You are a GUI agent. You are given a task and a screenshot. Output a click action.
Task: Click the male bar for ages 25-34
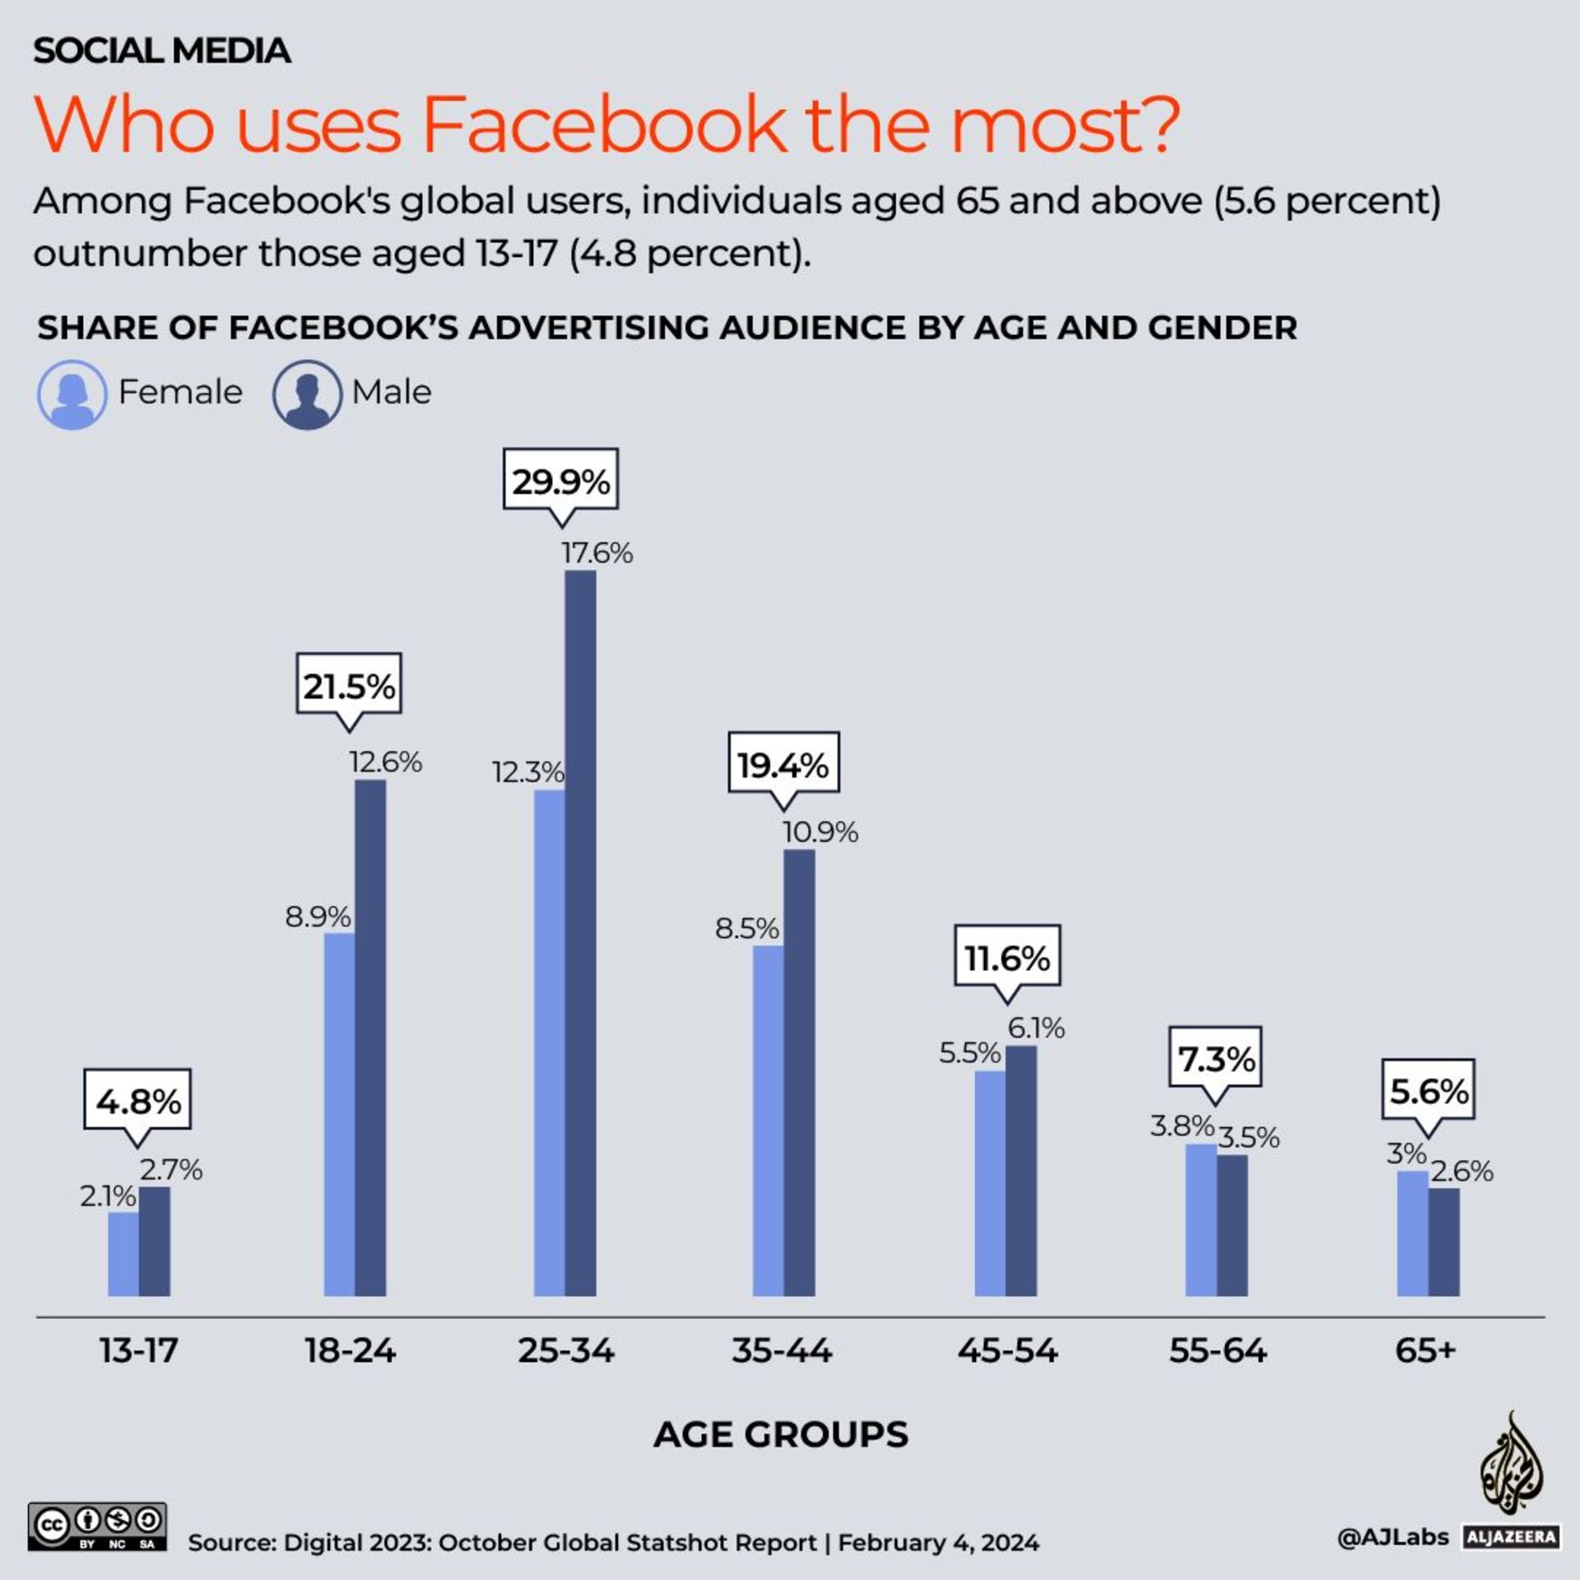pos(580,934)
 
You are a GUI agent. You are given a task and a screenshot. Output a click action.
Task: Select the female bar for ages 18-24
pos(339,1115)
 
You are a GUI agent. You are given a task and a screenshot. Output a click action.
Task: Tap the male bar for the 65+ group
pos(1443,1242)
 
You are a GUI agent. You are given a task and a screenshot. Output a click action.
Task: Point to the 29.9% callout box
pos(560,480)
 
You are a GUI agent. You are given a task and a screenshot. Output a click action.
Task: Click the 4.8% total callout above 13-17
pos(137,1100)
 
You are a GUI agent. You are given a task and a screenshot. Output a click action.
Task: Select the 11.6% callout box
pos(1007,956)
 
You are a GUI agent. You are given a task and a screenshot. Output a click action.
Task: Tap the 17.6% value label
pos(597,553)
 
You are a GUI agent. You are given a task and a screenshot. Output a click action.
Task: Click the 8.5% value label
pos(746,928)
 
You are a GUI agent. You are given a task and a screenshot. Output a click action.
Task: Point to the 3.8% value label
pos(1182,1125)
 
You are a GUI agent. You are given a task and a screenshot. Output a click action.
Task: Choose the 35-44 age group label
pos(782,1350)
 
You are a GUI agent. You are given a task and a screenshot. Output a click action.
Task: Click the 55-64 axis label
pos(1218,1350)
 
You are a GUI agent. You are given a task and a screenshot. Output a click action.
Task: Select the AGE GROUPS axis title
pos(781,1434)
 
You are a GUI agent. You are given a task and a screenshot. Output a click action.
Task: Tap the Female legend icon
pos(72,394)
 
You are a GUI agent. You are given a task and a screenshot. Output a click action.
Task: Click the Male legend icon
pos(307,394)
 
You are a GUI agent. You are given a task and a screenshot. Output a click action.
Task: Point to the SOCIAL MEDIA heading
pos(161,51)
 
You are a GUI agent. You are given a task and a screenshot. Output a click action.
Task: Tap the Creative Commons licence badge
pos(97,1527)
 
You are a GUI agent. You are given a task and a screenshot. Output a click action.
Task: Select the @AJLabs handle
pos(1392,1536)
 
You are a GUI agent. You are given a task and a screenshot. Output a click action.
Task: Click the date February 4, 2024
pos(938,1542)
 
